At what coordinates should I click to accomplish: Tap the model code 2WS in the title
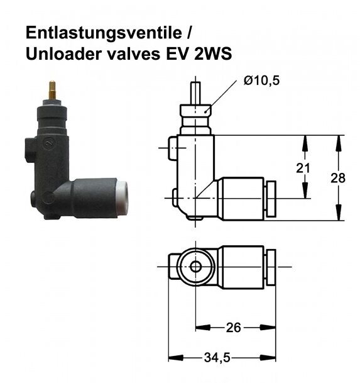(212, 54)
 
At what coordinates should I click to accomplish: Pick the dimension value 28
(338, 178)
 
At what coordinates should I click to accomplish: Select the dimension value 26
(233, 328)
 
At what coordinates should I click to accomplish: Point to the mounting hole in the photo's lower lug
(35, 203)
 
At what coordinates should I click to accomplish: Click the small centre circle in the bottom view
(197, 267)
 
